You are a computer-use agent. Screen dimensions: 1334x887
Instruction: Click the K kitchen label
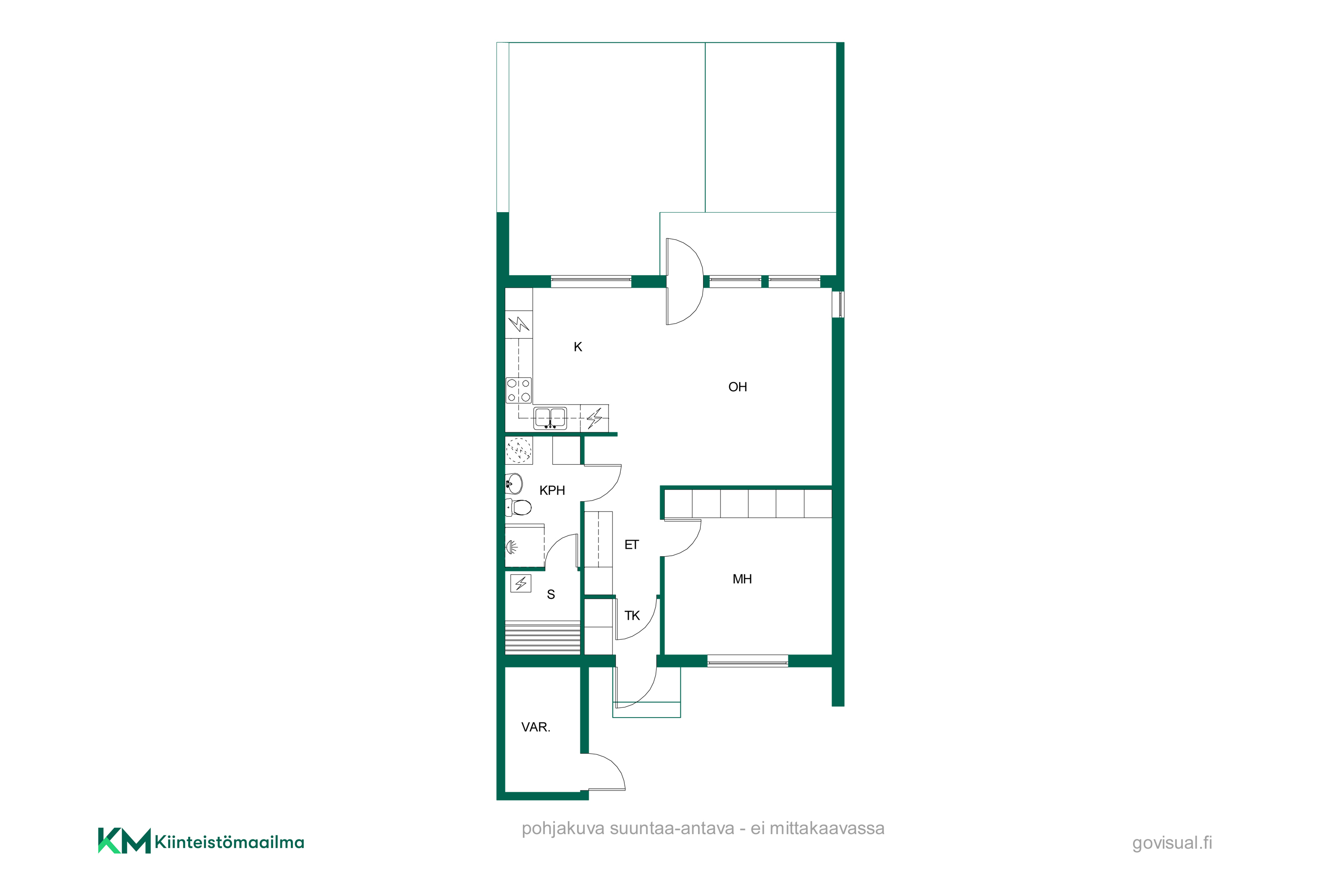(x=578, y=347)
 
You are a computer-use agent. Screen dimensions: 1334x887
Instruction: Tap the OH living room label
(x=737, y=387)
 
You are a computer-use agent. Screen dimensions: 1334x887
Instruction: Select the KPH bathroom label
(x=552, y=490)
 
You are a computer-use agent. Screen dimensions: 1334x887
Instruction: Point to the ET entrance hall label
(x=631, y=545)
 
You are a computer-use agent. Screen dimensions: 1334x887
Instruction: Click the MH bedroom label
(x=742, y=579)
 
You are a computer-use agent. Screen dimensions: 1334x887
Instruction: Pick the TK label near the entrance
(x=632, y=615)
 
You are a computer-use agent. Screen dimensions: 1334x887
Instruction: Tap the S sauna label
(x=550, y=594)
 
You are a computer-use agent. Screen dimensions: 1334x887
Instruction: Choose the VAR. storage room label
(x=535, y=727)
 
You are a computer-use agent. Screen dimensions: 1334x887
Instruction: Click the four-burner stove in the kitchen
(x=519, y=390)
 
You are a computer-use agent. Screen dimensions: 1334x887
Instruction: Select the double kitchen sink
(x=550, y=417)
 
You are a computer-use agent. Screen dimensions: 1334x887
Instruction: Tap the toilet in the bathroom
(x=519, y=507)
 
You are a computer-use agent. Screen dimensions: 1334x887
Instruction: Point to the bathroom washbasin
(x=514, y=484)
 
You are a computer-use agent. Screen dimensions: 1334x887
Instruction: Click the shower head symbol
(x=511, y=547)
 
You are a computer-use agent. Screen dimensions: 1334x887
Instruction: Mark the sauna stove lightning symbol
(x=520, y=583)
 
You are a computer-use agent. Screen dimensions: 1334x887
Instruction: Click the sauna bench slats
(x=542, y=637)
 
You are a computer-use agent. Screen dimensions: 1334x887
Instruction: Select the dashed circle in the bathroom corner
(x=519, y=451)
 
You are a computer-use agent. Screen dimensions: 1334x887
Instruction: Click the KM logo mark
(x=125, y=841)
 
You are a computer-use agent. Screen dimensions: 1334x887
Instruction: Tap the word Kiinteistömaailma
(x=229, y=842)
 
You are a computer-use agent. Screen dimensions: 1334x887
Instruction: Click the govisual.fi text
(x=1172, y=843)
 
